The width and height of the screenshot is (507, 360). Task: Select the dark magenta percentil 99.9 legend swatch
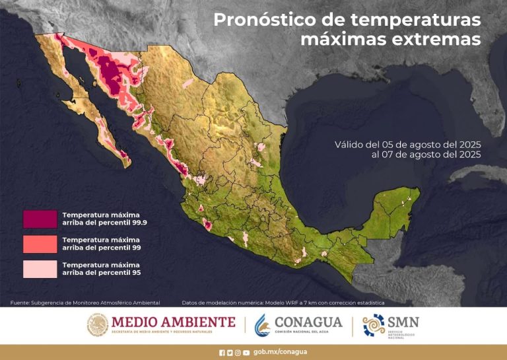40,219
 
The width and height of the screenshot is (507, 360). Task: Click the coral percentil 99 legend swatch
40,243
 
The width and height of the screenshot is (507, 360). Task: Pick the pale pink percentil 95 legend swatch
40,268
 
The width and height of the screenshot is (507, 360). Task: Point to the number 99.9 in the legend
138,223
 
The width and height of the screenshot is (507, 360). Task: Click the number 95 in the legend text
135,272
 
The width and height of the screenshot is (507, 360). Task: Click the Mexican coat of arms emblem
97,324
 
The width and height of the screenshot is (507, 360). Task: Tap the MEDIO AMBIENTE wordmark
173,322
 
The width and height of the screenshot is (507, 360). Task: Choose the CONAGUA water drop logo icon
262,324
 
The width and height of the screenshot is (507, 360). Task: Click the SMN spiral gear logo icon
373,324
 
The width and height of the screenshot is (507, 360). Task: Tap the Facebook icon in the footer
222,353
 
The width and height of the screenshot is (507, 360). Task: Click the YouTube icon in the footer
246,353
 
